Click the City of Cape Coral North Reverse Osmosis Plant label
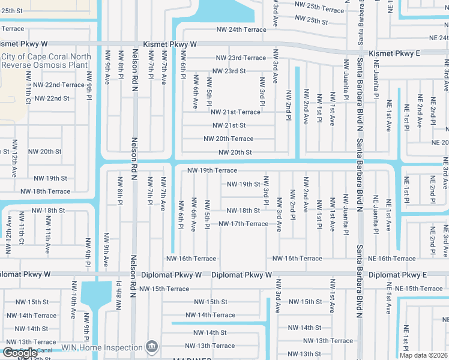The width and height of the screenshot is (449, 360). pyautogui.click(x=46, y=61)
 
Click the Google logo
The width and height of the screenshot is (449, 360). pyautogui.click(x=20, y=353)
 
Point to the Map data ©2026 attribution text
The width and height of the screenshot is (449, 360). pyautogui.click(x=424, y=355)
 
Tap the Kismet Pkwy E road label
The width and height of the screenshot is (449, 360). pyautogui.click(x=394, y=53)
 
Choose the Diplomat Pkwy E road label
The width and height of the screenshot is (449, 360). pyautogui.click(x=397, y=275)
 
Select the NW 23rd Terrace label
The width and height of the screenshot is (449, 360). pyautogui.click(x=241, y=58)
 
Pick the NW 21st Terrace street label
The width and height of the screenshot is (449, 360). pyautogui.click(x=235, y=112)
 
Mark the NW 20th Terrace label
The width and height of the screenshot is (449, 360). pyautogui.click(x=228, y=139)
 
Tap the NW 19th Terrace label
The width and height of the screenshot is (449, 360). pyautogui.click(x=212, y=170)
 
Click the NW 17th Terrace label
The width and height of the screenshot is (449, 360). pyautogui.click(x=243, y=224)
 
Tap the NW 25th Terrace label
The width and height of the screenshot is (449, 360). pyautogui.click(x=319, y=10)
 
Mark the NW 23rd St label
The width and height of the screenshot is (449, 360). pyautogui.click(x=227, y=71)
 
